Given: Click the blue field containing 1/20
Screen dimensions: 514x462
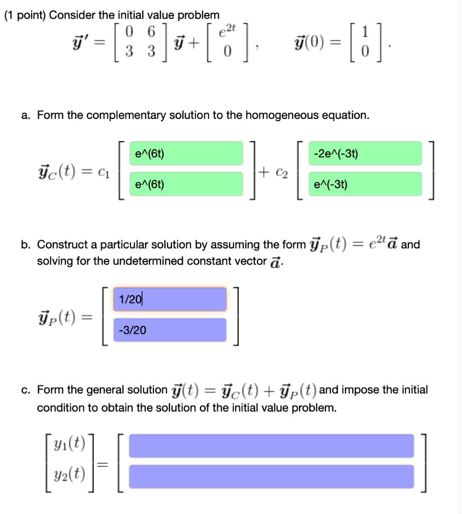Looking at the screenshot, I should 170,299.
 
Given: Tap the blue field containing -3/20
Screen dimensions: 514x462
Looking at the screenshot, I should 170,330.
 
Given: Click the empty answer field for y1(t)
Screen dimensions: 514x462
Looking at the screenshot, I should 271,446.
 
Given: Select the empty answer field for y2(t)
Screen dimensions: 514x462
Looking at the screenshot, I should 271,476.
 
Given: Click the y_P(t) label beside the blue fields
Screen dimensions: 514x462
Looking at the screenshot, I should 66,317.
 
